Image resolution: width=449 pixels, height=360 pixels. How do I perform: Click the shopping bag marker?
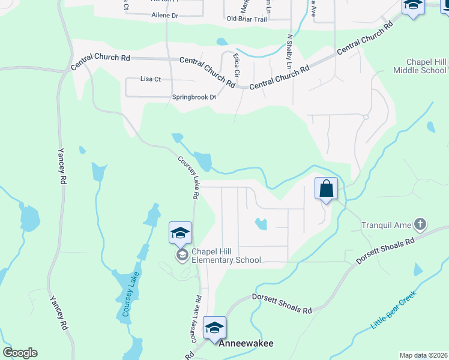point(326,189)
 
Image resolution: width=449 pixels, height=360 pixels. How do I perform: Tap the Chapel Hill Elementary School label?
point(226,256)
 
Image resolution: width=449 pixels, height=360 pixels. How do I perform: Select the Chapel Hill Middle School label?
point(420,66)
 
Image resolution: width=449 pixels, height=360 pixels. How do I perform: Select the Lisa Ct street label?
point(151,79)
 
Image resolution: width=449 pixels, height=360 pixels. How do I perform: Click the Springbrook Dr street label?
point(194,97)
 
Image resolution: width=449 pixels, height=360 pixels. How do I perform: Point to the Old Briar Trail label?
point(246,19)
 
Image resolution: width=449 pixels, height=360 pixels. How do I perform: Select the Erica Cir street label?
point(237,65)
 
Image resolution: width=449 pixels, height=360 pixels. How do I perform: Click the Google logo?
point(20,353)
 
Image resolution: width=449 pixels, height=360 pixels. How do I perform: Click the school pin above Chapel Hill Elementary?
point(180,233)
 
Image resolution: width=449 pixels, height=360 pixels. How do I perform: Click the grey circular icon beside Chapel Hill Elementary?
point(181,256)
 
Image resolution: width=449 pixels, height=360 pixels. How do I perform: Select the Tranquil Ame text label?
point(386,226)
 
